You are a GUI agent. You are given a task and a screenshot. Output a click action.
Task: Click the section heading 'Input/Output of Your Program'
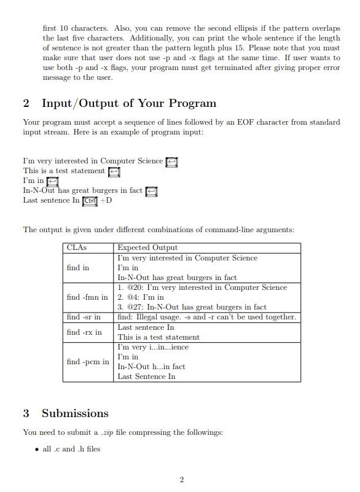[128, 103]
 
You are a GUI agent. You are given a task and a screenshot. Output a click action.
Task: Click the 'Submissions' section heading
[75, 413]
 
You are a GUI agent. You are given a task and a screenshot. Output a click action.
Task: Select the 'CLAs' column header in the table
[76, 248]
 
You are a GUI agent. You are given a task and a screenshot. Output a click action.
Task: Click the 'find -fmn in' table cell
[87, 297]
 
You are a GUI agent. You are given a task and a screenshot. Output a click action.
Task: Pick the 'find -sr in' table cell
[84, 317]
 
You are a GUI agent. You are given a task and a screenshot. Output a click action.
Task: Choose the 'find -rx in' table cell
[84, 332]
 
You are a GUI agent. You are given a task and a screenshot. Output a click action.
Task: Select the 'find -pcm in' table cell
[87, 362]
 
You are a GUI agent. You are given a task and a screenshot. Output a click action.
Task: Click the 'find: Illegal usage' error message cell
[206, 317]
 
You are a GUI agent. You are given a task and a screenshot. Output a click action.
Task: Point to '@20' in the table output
[135, 287]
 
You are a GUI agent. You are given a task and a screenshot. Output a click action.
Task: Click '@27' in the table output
[135, 307]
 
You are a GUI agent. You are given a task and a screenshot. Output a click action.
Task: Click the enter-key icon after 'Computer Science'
[171, 162]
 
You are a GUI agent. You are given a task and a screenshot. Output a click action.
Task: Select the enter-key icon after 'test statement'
[114, 171]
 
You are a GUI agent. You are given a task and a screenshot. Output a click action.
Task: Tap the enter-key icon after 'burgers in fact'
[151, 191]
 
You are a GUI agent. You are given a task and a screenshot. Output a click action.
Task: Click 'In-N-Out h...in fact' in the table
[151, 367]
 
